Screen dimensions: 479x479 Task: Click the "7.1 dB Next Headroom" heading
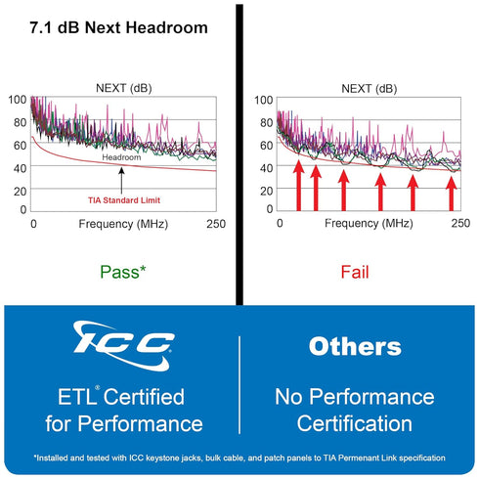[x=118, y=27]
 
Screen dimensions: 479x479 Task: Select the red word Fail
[x=355, y=272]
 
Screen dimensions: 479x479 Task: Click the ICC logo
[x=123, y=345]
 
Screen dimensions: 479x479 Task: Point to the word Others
[x=355, y=346]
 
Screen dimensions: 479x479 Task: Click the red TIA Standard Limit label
[x=124, y=200]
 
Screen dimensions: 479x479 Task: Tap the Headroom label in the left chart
[x=121, y=157]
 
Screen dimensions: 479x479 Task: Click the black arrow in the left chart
[x=121, y=181]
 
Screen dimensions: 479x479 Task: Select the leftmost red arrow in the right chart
[x=299, y=186]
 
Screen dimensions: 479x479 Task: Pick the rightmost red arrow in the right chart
[x=452, y=194]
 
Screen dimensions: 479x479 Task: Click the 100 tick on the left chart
[x=18, y=100]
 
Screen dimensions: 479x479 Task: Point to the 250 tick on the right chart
[x=460, y=223]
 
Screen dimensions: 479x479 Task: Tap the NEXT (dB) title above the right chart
[x=370, y=89]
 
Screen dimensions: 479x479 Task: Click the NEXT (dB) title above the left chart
[x=124, y=88]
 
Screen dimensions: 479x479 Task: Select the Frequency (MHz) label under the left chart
[x=123, y=224]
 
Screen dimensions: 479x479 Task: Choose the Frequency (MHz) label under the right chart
[x=369, y=224]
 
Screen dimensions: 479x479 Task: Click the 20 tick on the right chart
[x=266, y=191]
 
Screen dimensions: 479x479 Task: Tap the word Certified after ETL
[x=144, y=397]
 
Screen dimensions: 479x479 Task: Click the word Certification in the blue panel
[x=355, y=423]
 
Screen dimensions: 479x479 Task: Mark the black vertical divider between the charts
[x=239, y=154]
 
